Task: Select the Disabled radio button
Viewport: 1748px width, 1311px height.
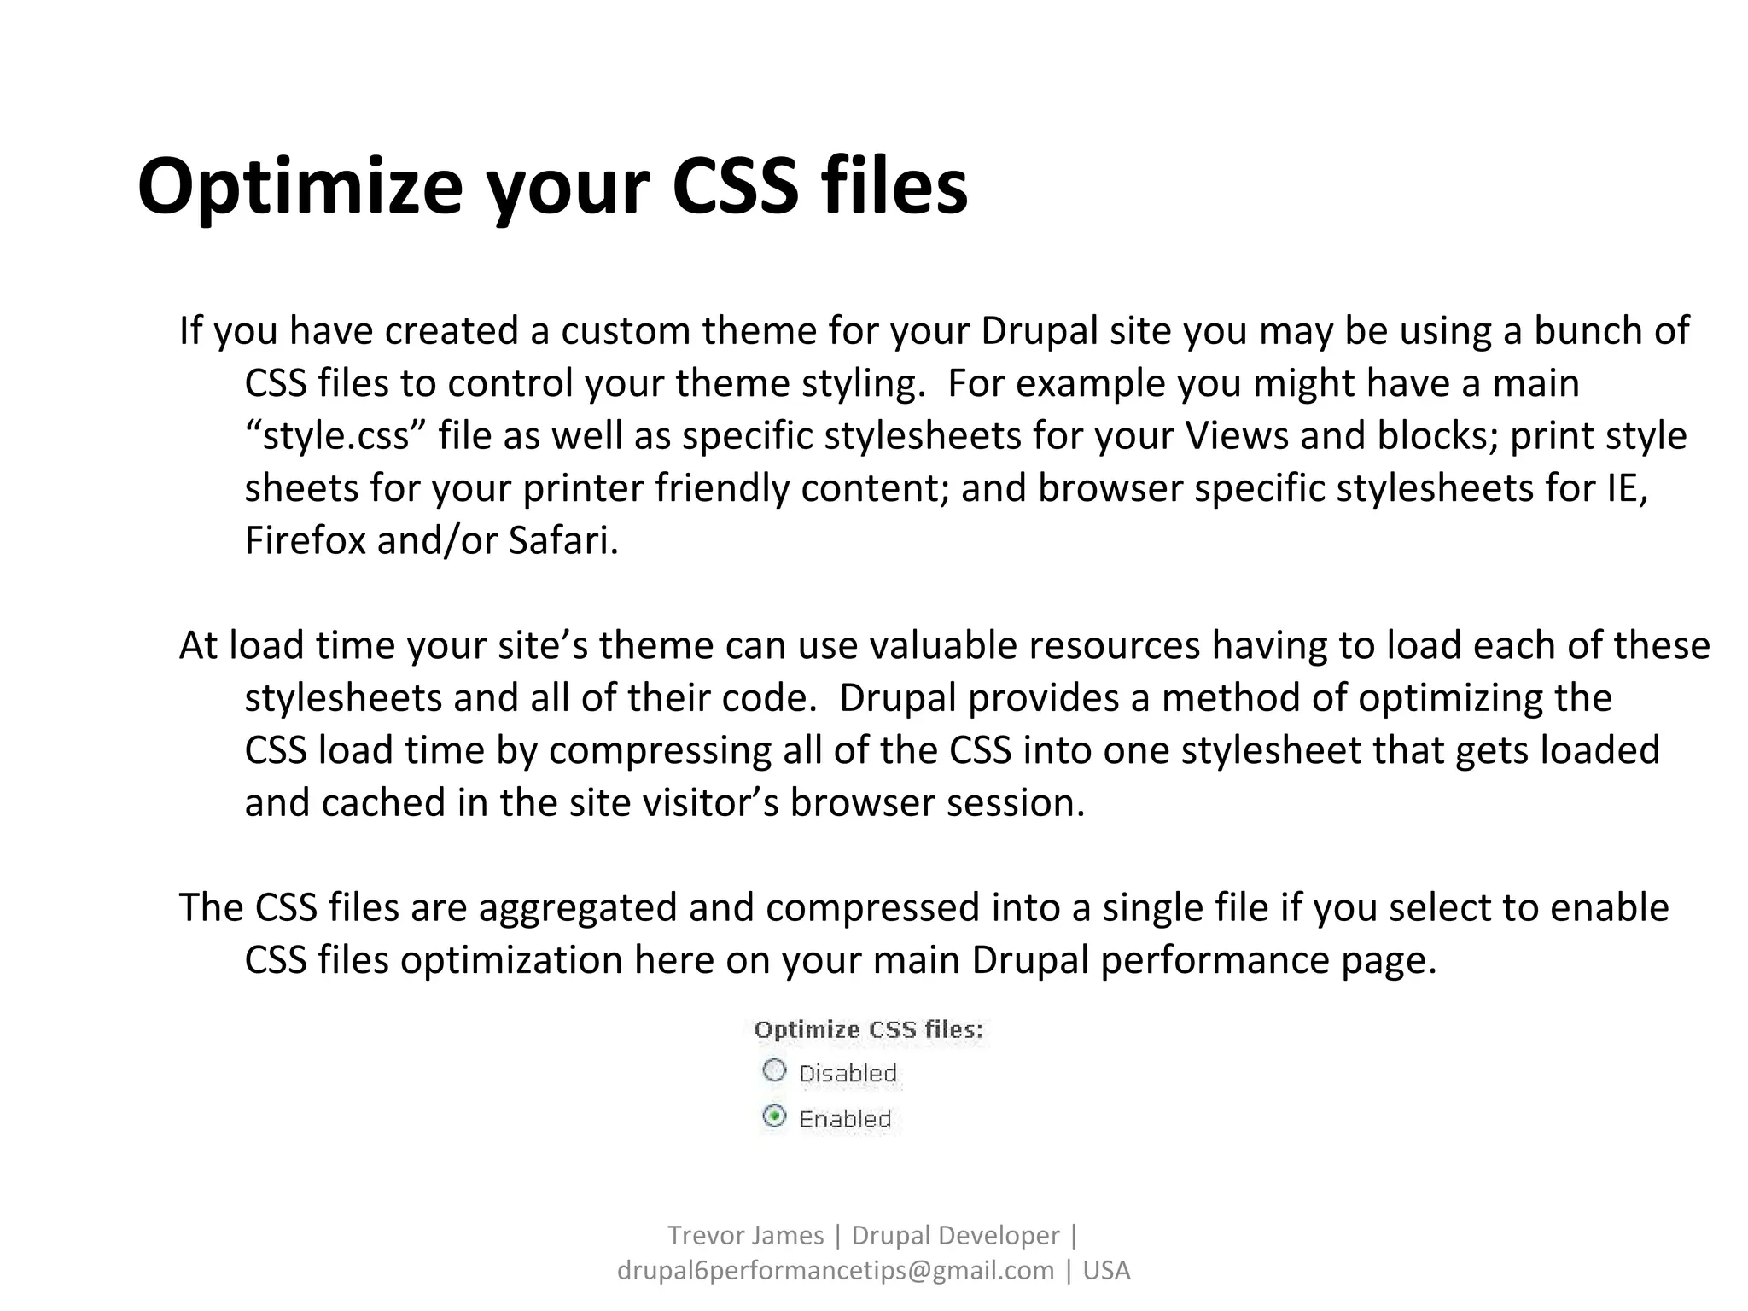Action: [x=774, y=1070]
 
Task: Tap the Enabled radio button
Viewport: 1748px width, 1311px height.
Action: [x=774, y=1116]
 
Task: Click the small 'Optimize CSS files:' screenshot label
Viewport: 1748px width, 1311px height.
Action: [x=868, y=1030]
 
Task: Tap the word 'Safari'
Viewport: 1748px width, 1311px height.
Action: [x=563, y=541]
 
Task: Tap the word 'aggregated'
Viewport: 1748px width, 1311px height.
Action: [x=578, y=908]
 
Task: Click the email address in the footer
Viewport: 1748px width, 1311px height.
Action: [x=836, y=1271]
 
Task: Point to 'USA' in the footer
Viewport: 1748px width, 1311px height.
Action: [x=1106, y=1271]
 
